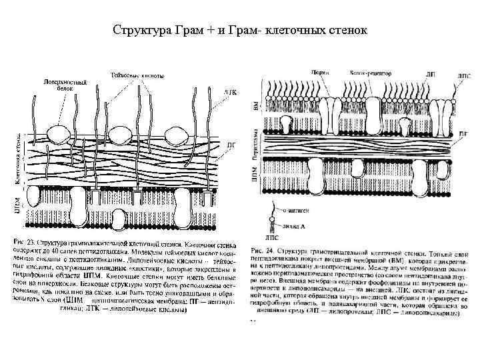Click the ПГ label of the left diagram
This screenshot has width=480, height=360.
231,143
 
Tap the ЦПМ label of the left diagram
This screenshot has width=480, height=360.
17,203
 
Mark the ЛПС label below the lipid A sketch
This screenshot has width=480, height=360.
272,235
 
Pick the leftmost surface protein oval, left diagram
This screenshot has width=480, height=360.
59,135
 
